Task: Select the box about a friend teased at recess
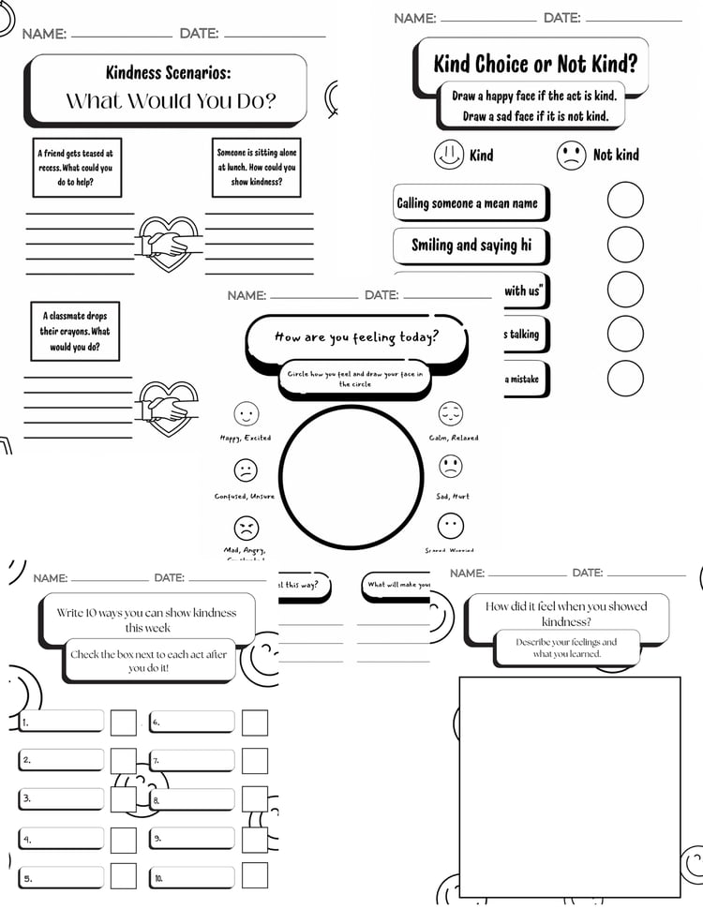tap(78, 168)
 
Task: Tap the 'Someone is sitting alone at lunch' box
tap(256, 168)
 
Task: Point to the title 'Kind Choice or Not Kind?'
tap(534, 64)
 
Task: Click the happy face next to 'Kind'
tap(449, 155)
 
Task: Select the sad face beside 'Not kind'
tap(572, 155)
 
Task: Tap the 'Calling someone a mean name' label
tap(468, 202)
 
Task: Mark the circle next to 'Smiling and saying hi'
tap(625, 245)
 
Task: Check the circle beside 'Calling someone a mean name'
tap(625, 200)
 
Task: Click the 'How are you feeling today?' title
tap(356, 337)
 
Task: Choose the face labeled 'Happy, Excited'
tap(246, 413)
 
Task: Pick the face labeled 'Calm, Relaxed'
tap(451, 413)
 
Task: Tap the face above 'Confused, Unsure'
tap(246, 469)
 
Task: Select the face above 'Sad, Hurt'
tap(451, 466)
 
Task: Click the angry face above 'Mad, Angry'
tap(246, 527)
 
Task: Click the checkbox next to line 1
tap(124, 723)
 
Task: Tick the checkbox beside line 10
tap(255, 875)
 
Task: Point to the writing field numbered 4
tap(62, 839)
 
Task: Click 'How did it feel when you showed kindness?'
tap(566, 613)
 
